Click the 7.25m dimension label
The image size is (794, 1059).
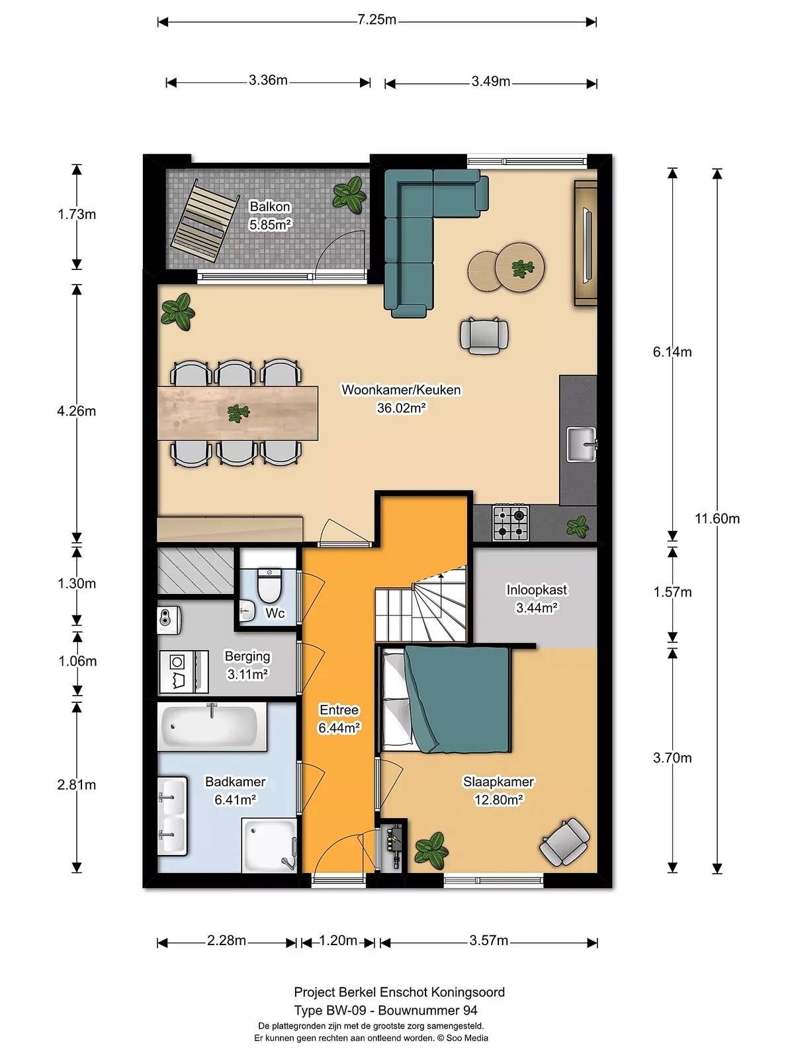click(376, 20)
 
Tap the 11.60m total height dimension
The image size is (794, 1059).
click(717, 518)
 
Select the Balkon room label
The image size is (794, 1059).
click(270, 207)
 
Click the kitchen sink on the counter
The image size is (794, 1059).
click(582, 444)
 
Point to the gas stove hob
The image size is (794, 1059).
click(511, 523)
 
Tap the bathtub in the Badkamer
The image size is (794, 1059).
click(212, 727)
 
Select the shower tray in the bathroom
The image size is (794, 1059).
click(269, 845)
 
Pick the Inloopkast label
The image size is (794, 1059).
click(537, 590)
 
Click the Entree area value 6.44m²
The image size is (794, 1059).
click(339, 727)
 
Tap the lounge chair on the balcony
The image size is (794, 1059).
click(205, 220)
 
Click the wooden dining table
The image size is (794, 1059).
click(238, 413)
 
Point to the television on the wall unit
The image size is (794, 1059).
click(587, 246)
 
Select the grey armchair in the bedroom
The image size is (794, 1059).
click(564, 842)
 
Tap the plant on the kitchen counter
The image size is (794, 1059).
click(577, 526)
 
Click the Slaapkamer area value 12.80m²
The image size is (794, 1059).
click(498, 800)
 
